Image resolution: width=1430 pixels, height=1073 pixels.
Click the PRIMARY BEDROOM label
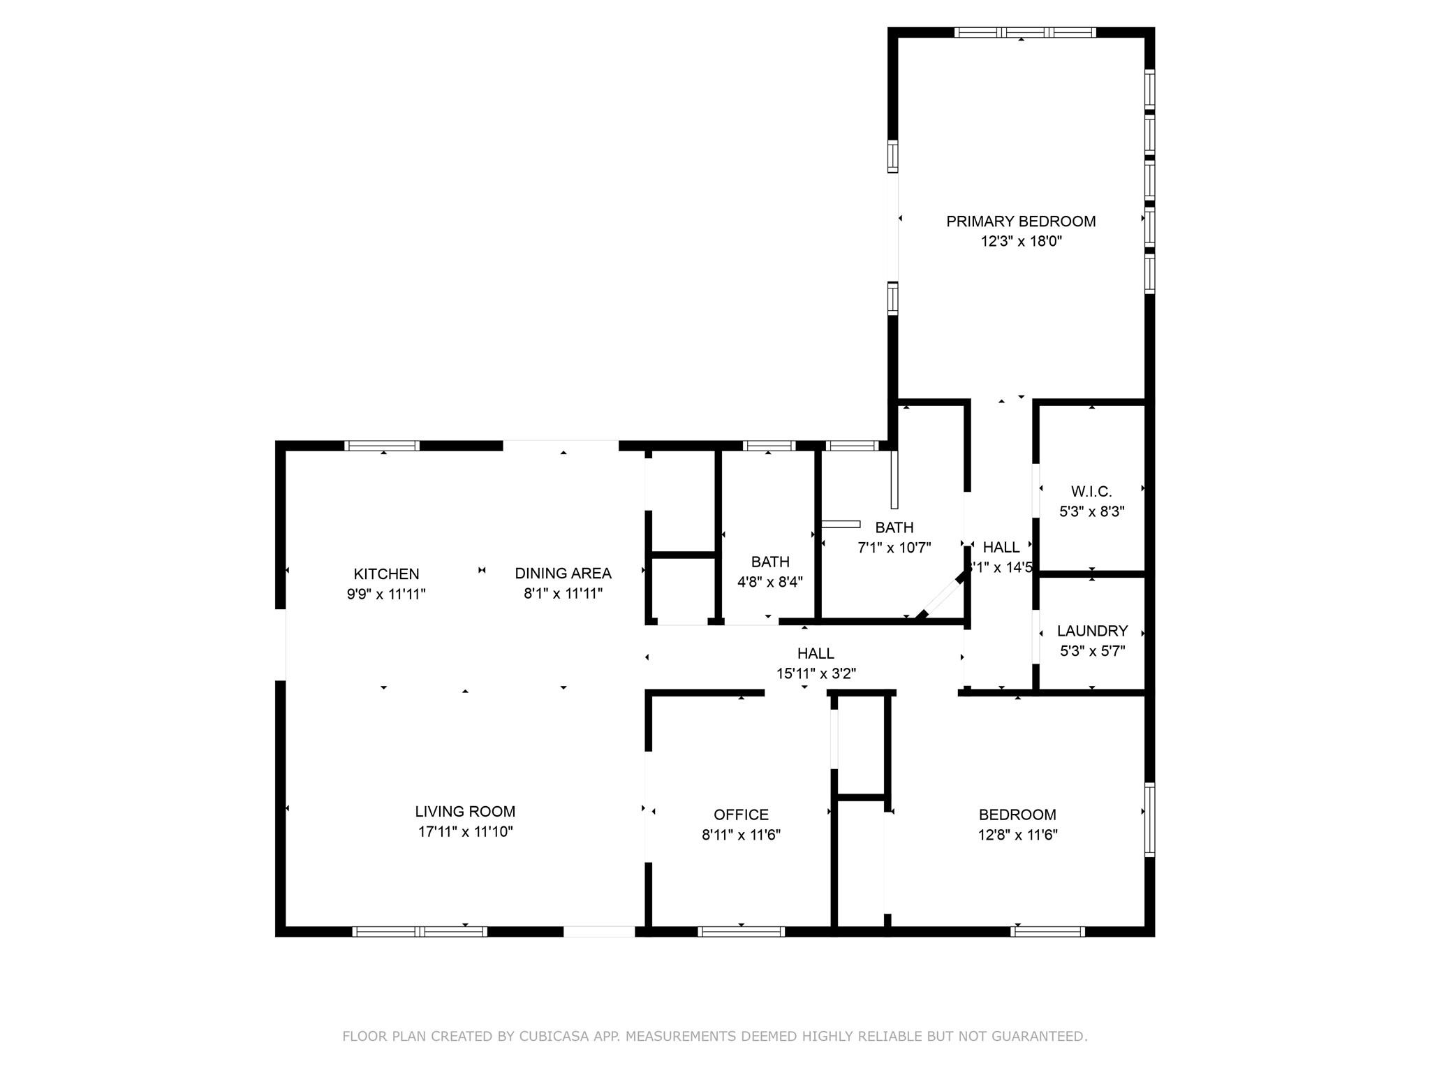click(1020, 221)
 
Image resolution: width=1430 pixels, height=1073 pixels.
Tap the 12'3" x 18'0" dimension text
click(1020, 242)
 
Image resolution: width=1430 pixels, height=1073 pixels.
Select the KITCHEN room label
click(386, 574)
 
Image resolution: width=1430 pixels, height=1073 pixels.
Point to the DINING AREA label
click(563, 574)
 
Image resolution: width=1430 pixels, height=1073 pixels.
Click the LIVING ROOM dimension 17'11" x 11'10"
click(465, 832)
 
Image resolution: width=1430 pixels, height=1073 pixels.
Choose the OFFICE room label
click(741, 815)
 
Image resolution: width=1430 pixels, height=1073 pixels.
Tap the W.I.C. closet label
click(1091, 492)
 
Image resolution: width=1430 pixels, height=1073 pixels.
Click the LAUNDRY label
click(1092, 632)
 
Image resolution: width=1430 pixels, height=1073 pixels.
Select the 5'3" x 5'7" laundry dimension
click(1092, 651)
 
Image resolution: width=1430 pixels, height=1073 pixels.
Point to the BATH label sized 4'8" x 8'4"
click(770, 562)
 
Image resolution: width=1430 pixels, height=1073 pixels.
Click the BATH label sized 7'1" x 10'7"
click(894, 527)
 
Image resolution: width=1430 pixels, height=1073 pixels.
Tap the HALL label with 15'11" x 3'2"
click(816, 654)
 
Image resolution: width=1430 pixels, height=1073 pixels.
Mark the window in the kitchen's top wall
click(383, 446)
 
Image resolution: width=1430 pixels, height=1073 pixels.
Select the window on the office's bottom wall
click(741, 931)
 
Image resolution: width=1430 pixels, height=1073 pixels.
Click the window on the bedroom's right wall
click(1149, 819)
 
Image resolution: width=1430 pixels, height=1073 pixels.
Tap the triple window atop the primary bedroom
click(1024, 32)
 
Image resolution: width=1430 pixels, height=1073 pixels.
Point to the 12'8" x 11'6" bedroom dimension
click(1017, 835)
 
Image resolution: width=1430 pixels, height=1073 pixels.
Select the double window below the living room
click(420, 931)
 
